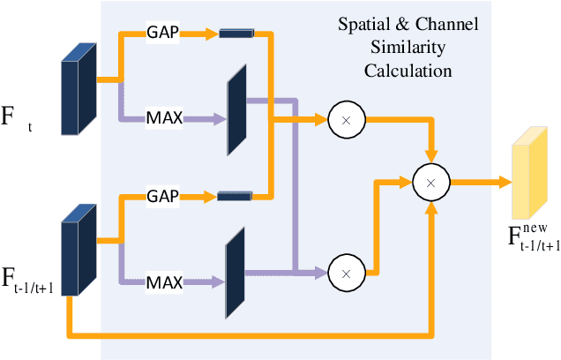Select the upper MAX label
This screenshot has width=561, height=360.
pyautogui.click(x=165, y=116)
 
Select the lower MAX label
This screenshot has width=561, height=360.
pyautogui.click(x=165, y=282)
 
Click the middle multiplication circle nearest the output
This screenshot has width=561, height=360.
pyautogui.click(x=430, y=183)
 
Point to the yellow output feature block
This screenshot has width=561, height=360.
pyautogui.click(x=529, y=175)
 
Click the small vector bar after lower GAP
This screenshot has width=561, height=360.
pyautogui.click(x=234, y=194)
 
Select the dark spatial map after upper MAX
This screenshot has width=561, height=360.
pyautogui.click(x=236, y=109)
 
